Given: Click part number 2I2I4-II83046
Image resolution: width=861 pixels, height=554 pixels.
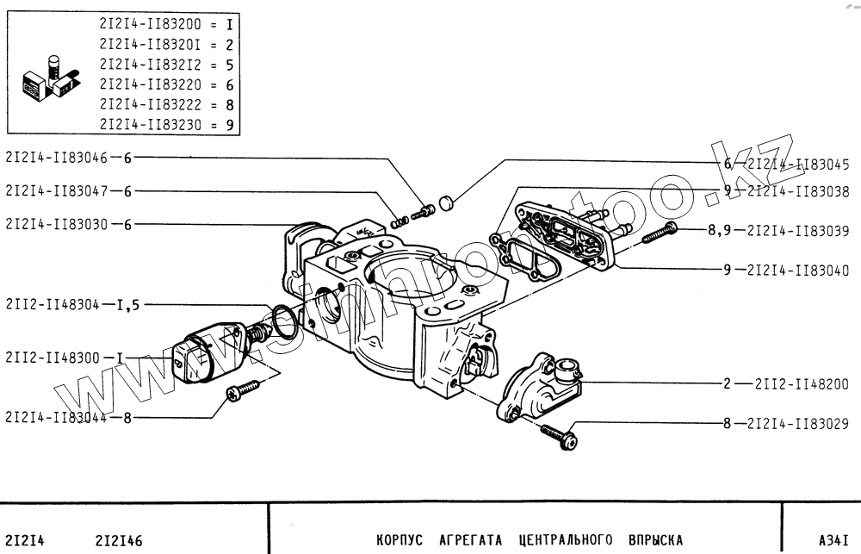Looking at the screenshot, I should (57, 158).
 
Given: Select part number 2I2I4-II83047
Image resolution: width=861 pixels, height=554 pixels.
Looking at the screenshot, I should (57, 190).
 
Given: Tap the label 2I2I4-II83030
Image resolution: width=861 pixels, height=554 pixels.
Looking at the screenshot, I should (57, 224).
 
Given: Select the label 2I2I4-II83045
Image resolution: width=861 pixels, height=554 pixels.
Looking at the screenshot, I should (797, 163).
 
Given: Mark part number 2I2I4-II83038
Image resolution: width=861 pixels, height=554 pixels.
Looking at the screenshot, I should (797, 192).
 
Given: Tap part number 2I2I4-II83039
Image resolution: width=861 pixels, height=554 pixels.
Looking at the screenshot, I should (797, 230).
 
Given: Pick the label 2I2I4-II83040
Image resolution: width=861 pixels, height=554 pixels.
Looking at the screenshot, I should (797, 270).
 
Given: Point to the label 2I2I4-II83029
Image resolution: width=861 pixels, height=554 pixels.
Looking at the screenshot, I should (797, 423).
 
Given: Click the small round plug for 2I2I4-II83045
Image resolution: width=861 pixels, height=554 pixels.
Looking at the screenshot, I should (446, 204).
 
